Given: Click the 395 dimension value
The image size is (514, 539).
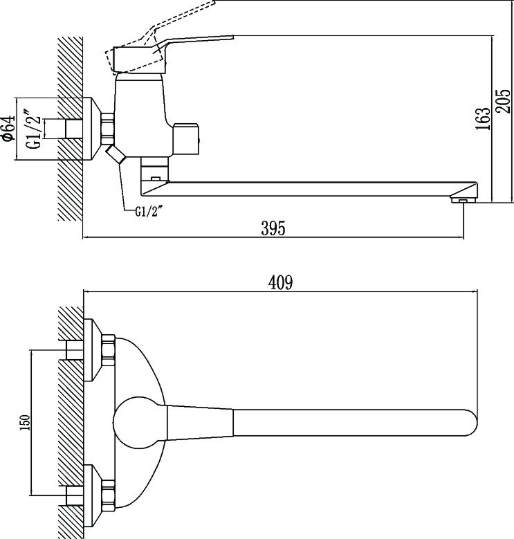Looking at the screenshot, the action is click(273, 228).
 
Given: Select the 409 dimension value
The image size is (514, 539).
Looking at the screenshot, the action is click(280, 282).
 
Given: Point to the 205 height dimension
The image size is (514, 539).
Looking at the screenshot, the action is click(503, 101).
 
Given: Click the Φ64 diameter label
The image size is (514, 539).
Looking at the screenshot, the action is click(8, 129).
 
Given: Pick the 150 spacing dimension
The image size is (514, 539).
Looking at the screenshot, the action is click(26, 423).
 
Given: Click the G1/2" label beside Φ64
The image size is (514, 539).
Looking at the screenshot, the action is click(34, 129).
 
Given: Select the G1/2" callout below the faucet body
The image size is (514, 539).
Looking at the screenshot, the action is click(148, 212).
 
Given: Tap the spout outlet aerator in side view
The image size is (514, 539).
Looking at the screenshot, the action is click(463, 200).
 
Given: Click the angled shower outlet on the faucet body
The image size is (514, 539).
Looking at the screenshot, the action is click(115, 154).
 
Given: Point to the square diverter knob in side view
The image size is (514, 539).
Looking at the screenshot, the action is click(186, 138).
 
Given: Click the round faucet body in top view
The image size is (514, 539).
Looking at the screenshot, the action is click(140, 423).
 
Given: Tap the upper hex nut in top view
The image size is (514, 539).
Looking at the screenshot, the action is click(108, 350).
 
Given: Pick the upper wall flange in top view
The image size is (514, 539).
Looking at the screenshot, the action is click(93, 350).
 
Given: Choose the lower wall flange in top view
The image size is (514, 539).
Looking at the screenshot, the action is click(93, 496).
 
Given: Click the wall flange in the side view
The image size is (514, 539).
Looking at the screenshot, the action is click(92, 129).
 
